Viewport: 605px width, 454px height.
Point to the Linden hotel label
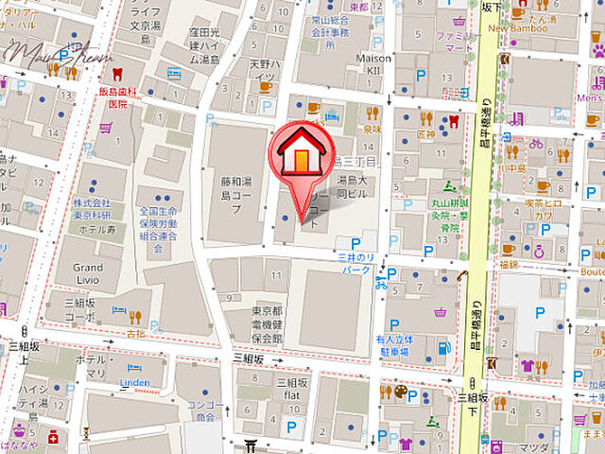tap(135, 381)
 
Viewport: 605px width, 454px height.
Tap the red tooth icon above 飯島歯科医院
tap(117, 74)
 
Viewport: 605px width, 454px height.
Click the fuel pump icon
tap(443, 348)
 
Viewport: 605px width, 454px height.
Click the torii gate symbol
tap(251, 445)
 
